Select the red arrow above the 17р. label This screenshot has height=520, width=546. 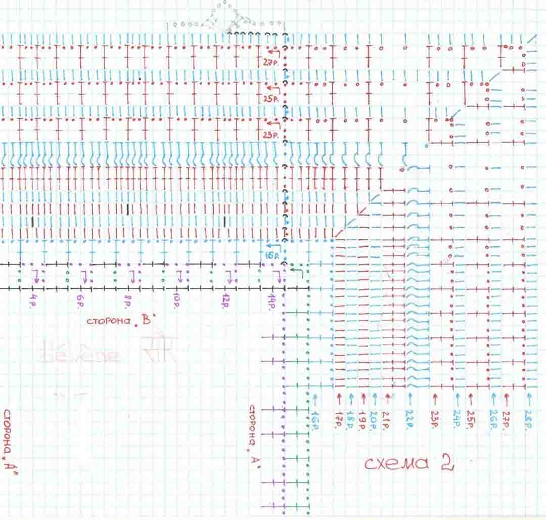[338, 397]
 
